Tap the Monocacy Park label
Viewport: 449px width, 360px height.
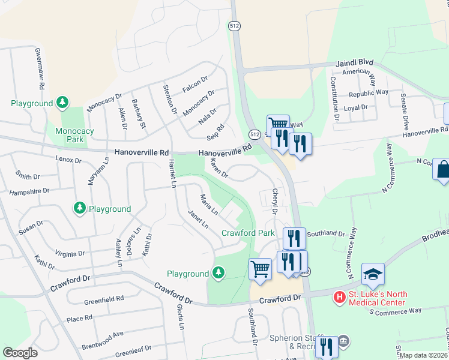click(x=74, y=135)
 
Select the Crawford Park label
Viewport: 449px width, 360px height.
click(x=248, y=233)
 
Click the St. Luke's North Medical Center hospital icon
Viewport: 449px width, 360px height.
click(x=340, y=296)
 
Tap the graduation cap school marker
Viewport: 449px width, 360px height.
click(x=373, y=275)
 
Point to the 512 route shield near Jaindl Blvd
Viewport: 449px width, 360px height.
click(x=234, y=25)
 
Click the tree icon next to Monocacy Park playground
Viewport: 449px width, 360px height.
click(x=62, y=103)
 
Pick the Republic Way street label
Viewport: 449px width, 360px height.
click(x=369, y=93)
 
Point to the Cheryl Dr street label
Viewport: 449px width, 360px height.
click(x=276, y=202)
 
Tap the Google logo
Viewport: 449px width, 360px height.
click(x=20, y=353)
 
